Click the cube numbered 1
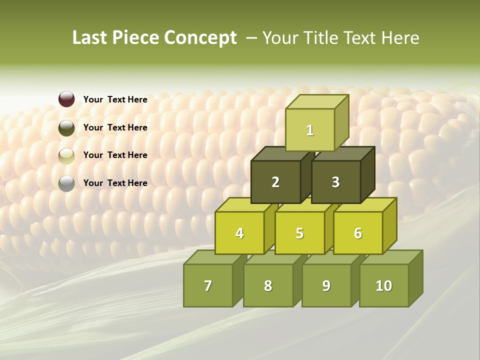coord(310,130)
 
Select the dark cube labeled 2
coord(275,182)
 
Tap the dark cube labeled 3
coord(335,182)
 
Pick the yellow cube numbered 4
coord(239,233)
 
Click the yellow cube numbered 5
coord(299,233)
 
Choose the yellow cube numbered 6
coord(358,233)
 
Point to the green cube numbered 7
coord(208,285)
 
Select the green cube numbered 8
coord(268,285)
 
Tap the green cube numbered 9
coord(326,285)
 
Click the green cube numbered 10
coord(383,285)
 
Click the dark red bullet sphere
coord(66,99)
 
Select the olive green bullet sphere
coord(66,128)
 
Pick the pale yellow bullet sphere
coord(66,156)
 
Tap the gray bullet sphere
coord(66,183)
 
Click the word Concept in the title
coord(200,38)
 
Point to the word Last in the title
coord(90,38)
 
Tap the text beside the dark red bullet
coord(115,99)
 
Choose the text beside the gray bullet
coord(115,183)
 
